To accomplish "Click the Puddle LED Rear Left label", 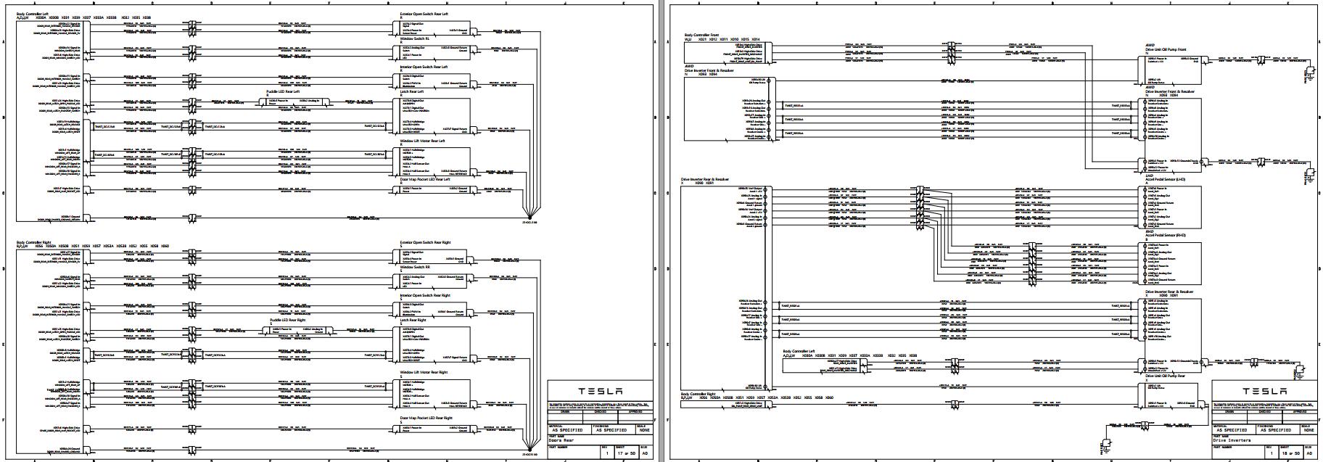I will [x=284, y=92].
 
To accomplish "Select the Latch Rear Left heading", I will [x=411, y=92].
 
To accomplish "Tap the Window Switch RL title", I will [x=415, y=38].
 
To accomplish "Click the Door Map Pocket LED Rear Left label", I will [x=430, y=179].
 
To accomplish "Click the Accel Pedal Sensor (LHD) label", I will [x=1165, y=179].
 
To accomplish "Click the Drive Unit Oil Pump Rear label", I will [x=1169, y=376].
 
